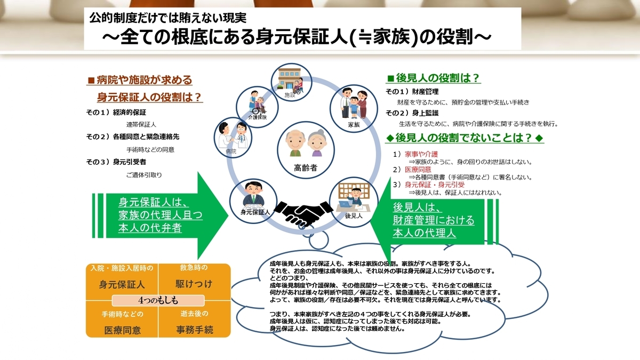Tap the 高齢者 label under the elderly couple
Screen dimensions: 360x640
(306, 168)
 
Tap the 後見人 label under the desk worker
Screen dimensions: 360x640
(354, 216)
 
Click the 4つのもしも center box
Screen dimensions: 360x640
(158, 299)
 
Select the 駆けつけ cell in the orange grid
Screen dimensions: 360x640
(194, 283)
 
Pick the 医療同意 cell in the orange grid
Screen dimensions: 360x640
(122, 330)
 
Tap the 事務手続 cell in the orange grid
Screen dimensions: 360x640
(194, 330)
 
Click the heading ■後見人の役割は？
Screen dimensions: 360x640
(434, 78)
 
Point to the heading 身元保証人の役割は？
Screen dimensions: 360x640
(149, 97)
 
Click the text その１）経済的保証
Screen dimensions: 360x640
(116, 113)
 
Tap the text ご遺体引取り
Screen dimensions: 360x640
(144, 174)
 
